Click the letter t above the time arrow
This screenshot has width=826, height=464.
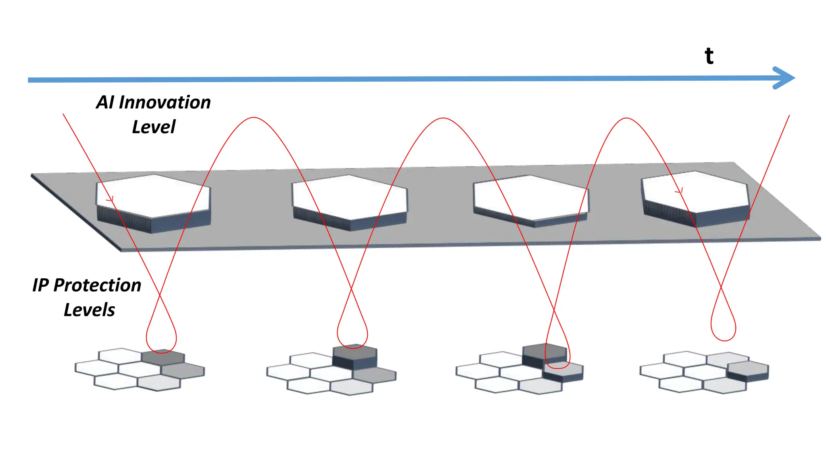[x=709, y=56]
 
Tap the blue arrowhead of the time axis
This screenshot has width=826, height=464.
[x=784, y=78]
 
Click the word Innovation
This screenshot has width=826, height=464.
[x=165, y=102]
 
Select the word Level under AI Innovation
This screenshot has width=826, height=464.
[x=154, y=127]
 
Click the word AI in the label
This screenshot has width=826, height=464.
[x=105, y=102]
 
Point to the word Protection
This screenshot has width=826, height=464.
[x=97, y=285]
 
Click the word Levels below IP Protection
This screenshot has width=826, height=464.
[x=90, y=310]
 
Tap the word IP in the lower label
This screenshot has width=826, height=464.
[x=40, y=285]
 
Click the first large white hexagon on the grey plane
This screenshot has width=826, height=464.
[x=153, y=203]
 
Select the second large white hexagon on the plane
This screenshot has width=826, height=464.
[x=350, y=203]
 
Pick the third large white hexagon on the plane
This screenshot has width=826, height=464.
[x=531, y=201]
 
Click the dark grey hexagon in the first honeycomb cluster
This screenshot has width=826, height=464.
[x=163, y=357]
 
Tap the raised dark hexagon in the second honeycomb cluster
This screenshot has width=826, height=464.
[x=355, y=356]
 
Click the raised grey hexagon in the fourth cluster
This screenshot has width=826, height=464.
[x=748, y=371]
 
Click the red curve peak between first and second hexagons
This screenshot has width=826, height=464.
[x=253, y=118]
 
